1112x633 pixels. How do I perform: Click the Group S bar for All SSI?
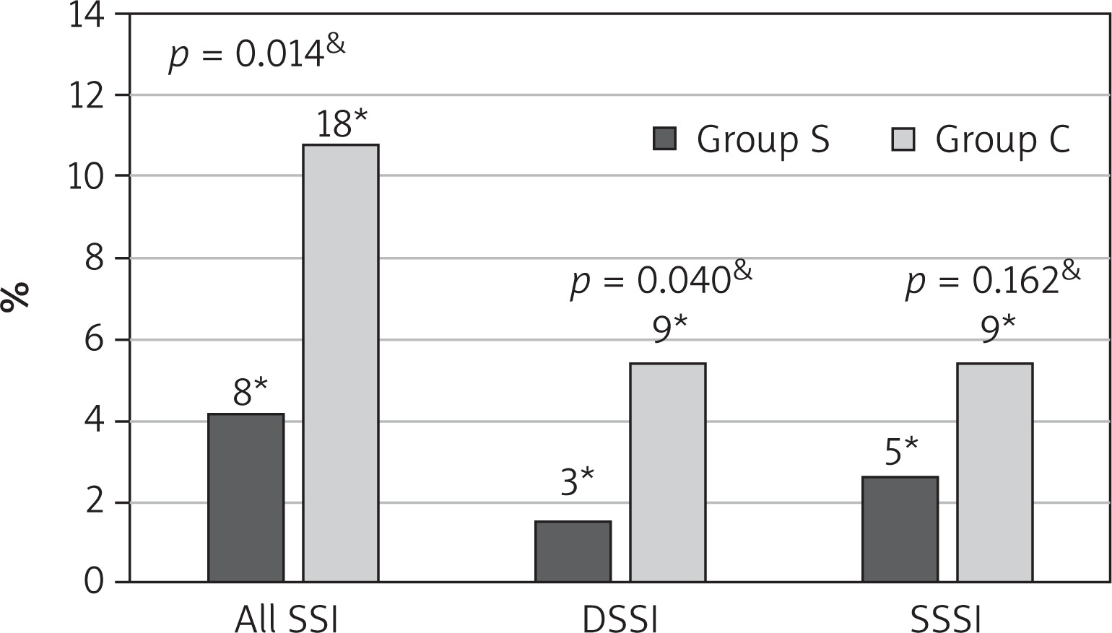(x=246, y=497)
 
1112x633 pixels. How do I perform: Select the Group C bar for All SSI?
(x=341, y=362)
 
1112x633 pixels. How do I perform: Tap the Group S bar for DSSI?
(x=573, y=551)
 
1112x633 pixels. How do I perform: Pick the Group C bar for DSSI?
(x=668, y=472)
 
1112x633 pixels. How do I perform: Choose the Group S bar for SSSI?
(x=900, y=529)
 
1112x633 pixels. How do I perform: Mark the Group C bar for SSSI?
(x=995, y=472)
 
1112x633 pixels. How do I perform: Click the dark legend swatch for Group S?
(x=665, y=139)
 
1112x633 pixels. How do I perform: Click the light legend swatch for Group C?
(x=903, y=139)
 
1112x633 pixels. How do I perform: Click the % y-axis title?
(x=16, y=297)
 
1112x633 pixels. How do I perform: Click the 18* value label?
(x=342, y=123)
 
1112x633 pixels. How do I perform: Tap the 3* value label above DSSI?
(x=577, y=481)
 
